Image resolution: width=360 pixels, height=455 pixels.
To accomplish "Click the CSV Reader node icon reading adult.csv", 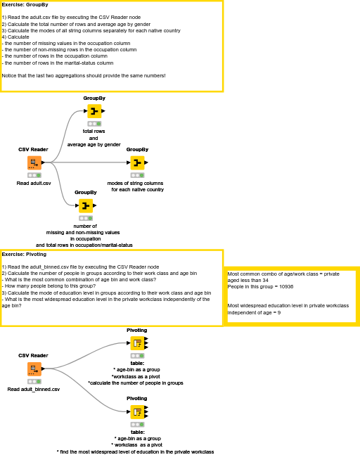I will [x=34, y=163].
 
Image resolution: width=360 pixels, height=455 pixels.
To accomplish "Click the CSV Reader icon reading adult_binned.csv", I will [x=34, y=369].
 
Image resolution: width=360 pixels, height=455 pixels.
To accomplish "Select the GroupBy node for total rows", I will [x=94, y=111].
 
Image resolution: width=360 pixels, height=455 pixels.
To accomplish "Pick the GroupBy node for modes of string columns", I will [x=137, y=162].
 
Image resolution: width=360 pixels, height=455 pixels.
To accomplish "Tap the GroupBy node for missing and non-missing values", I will [x=85, y=205].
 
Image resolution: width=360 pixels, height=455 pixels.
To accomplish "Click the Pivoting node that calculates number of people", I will [x=137, y=343].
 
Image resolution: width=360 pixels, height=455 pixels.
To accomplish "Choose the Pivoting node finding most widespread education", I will [x=137, y=411].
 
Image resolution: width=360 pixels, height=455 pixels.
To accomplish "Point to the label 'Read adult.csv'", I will [x=34, y=183].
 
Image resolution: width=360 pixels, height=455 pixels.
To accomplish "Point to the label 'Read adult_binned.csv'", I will [x=34, y=389].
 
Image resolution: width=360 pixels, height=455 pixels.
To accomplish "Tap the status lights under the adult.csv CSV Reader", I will [x=34, y=175].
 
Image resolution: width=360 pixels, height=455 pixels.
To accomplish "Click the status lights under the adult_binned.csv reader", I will [x=34, y=381].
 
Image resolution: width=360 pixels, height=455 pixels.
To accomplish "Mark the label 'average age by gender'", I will [x=94, y=144].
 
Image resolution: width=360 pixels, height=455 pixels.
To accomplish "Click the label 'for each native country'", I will [x=137, y=189].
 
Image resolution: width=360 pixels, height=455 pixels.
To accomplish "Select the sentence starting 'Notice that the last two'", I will [x=84, y=75].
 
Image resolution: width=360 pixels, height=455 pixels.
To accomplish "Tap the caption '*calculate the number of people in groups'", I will [x=135, y=383].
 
